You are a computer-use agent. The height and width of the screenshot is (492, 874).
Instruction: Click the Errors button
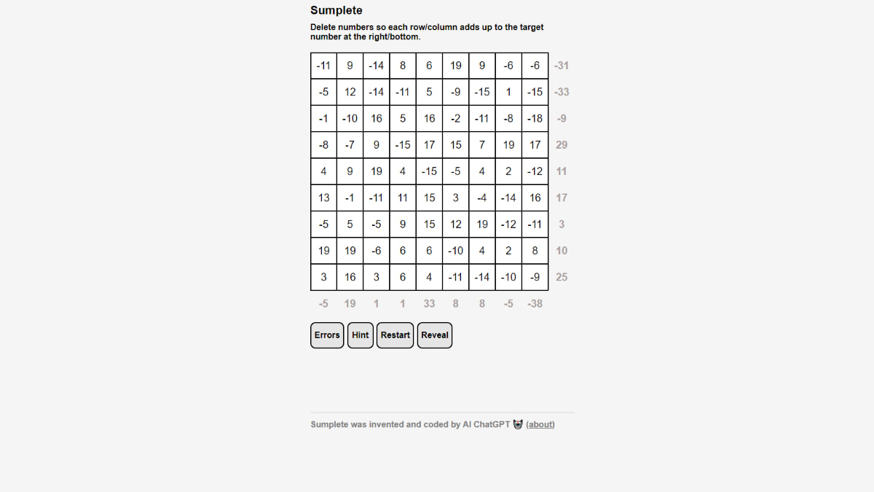pyautogui.click(x=327, y=335)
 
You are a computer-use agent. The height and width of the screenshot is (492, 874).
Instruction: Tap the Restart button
pyautogui.click(x=395, y=335)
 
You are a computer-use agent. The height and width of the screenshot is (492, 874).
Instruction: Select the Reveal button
pyautogui.click(x=435, y=335)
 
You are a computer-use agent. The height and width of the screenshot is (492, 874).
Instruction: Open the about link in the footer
pyautogui.click(x=540, y=424)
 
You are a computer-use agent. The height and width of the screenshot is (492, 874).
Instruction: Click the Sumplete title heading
pyautogui.click(x=336, y=10)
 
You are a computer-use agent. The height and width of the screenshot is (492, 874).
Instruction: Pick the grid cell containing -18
pyautogui.click(x=535, y=118)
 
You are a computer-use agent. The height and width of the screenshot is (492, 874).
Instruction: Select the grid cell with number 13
pyautogui.click(x=324, y=198)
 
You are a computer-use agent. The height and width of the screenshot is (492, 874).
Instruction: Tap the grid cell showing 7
pyautogui.click(x=482, y=145)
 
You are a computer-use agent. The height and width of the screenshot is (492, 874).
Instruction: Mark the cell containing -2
pyautogui.click(x=456, y=118)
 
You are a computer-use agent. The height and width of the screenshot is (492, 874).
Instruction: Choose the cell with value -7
pyautogui.click(x=350, y=145)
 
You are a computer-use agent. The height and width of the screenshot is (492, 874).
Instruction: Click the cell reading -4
pyautogui.click(x=482, y=198)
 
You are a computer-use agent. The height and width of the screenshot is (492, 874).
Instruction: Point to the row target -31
pyautogui.click(x=562, y=66)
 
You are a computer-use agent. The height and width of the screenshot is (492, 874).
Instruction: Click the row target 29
pyautogui.click(x=562, y=145)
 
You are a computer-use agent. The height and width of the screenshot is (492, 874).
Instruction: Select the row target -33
pyautogui.click(x=562, y=92)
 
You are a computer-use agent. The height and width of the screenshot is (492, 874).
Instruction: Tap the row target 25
pyautogui.click(x=562, y=277)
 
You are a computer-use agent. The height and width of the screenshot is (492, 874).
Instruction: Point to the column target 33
pyautogui.click(x=429, y=303)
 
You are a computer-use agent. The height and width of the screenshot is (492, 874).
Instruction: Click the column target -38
pyautogui.click(x=535, y=303)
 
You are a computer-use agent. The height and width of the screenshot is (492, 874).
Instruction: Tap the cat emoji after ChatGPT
pyautogui.click(x=518, y=424)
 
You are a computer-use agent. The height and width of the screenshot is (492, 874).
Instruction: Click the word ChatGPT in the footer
pyautogui.click(x=492, y=424)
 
